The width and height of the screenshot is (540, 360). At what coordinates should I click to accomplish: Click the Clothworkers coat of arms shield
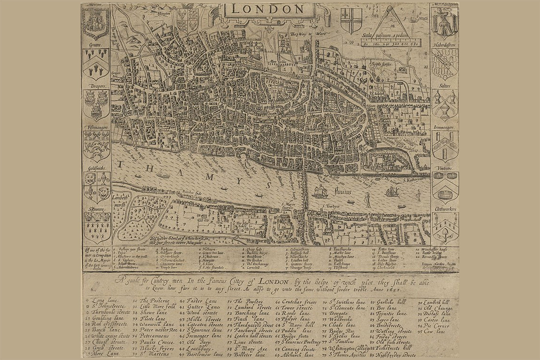[445, 229]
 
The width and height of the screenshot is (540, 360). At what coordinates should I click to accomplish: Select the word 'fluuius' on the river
[343, 191]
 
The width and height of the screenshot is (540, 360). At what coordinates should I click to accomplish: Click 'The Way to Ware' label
[308, 34]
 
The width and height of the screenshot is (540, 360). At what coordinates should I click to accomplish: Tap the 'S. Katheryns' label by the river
[413, 180]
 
